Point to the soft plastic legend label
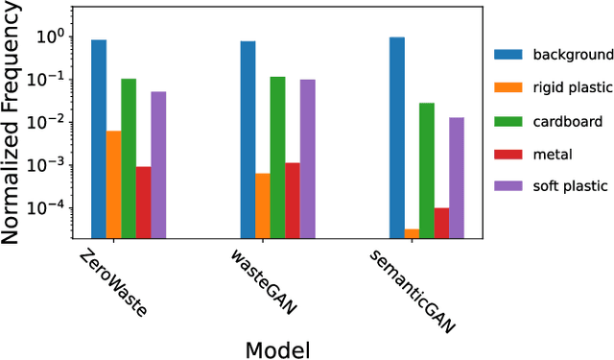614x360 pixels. (x=561, y=186)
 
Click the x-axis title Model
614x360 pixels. (x=278, y=348)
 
